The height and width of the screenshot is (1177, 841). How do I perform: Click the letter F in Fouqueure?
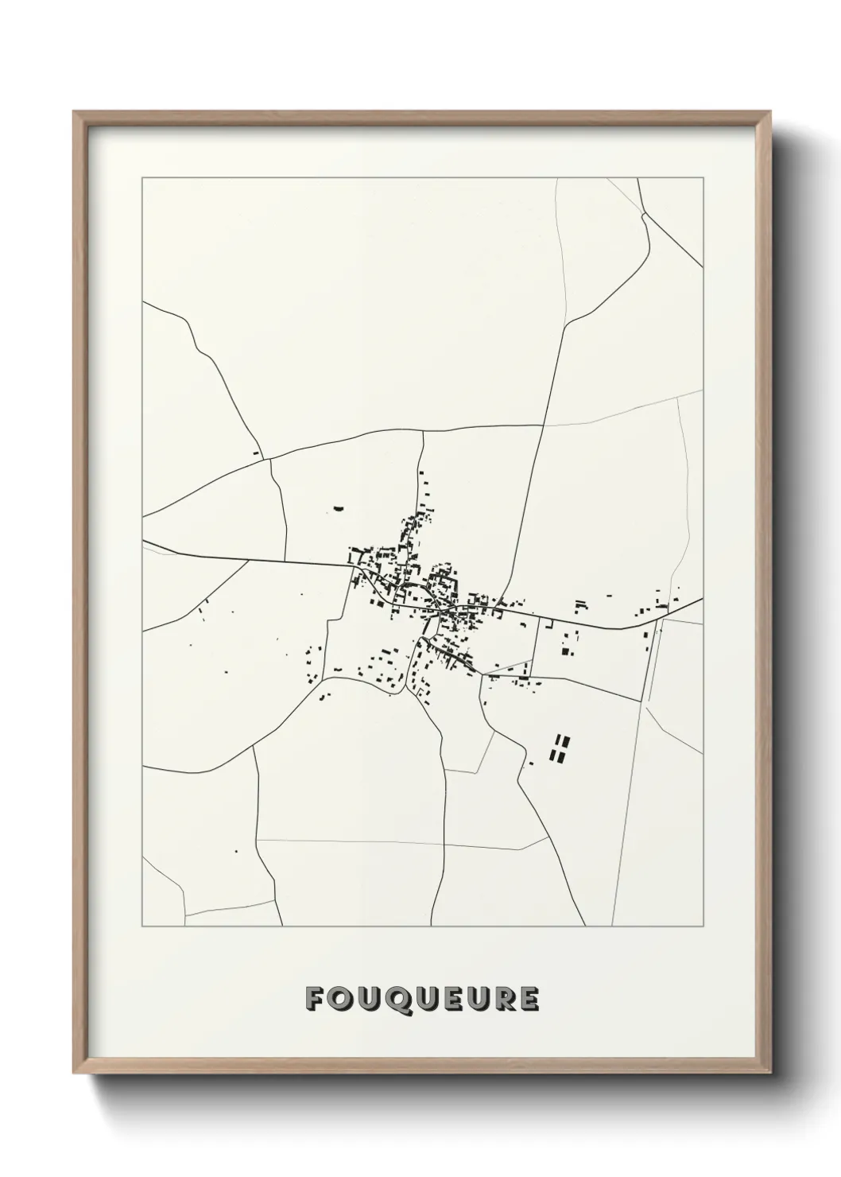click(315, 999)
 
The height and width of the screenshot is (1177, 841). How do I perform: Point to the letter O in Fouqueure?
click(343, 999)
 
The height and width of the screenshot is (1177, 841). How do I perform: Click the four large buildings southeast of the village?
click(561, 747)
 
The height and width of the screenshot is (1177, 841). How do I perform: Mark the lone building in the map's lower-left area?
click(235, 851)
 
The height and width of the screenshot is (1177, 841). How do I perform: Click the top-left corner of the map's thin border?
click(142, 178)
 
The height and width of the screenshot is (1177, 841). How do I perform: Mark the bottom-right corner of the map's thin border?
click(703, 926)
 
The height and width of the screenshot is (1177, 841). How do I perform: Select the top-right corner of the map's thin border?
click(703, 178)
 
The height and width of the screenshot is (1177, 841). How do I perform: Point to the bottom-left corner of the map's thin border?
click(142, 926)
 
